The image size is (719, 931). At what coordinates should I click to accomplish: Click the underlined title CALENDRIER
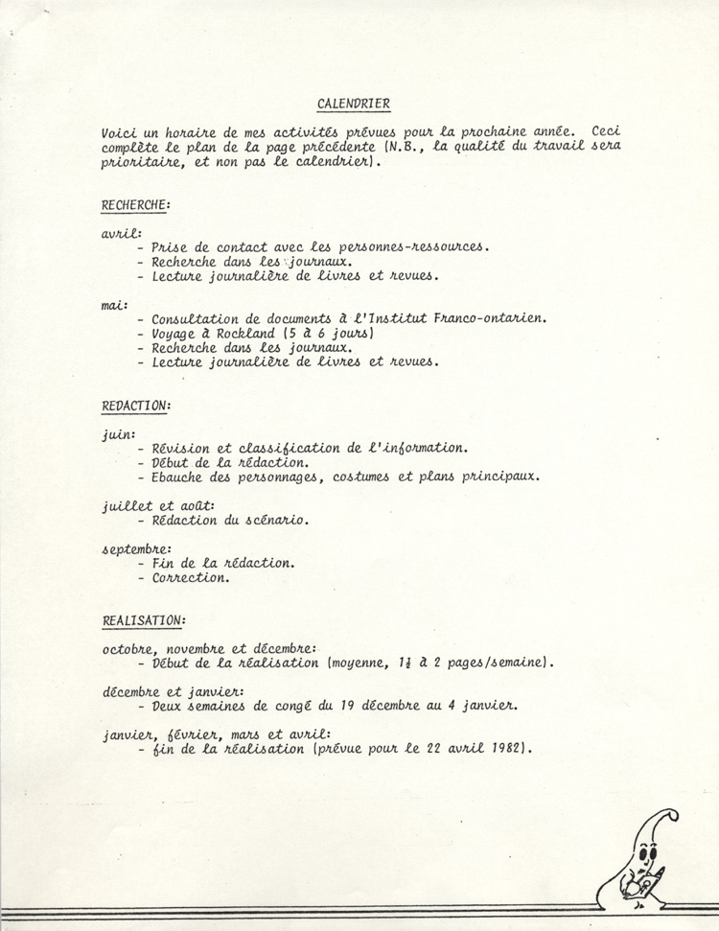[354, 104]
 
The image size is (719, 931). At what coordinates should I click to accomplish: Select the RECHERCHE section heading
[136, 204]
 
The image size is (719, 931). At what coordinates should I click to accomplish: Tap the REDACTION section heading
[136, 407]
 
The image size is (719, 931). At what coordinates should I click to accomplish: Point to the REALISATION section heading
[144, 620]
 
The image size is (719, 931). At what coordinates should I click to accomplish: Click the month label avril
[121, 233]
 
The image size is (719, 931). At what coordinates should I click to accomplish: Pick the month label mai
[115, 306]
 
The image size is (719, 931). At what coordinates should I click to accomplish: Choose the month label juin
[118, 433]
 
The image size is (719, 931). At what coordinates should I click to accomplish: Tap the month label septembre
[136, 549]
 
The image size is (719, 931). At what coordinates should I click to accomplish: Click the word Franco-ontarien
[491, 318]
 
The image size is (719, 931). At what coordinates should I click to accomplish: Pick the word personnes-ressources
[416, 246]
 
